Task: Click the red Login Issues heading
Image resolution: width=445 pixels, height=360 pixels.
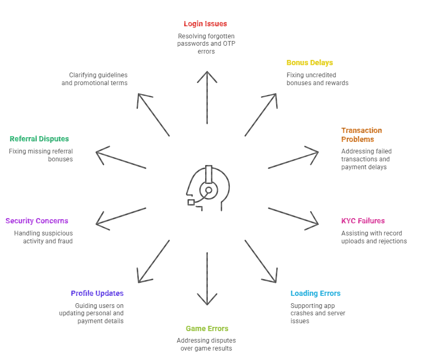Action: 205,24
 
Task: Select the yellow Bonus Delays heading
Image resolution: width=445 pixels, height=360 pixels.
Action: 309,63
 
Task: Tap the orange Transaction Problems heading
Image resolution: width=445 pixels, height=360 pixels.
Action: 361,135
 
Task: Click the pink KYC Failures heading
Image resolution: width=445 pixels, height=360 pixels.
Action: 363,221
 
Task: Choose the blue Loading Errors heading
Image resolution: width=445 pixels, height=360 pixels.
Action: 316,293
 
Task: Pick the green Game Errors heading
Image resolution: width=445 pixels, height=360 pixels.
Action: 207,328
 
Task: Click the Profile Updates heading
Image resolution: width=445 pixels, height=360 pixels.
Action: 97,293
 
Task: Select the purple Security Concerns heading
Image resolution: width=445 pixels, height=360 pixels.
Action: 37,221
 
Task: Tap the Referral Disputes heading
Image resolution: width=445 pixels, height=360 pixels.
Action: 39,139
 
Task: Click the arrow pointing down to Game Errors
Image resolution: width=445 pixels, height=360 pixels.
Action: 207,279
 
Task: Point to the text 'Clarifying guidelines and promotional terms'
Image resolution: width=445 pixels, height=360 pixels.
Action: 95,79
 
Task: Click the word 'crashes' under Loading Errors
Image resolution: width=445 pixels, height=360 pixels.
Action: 302,313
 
